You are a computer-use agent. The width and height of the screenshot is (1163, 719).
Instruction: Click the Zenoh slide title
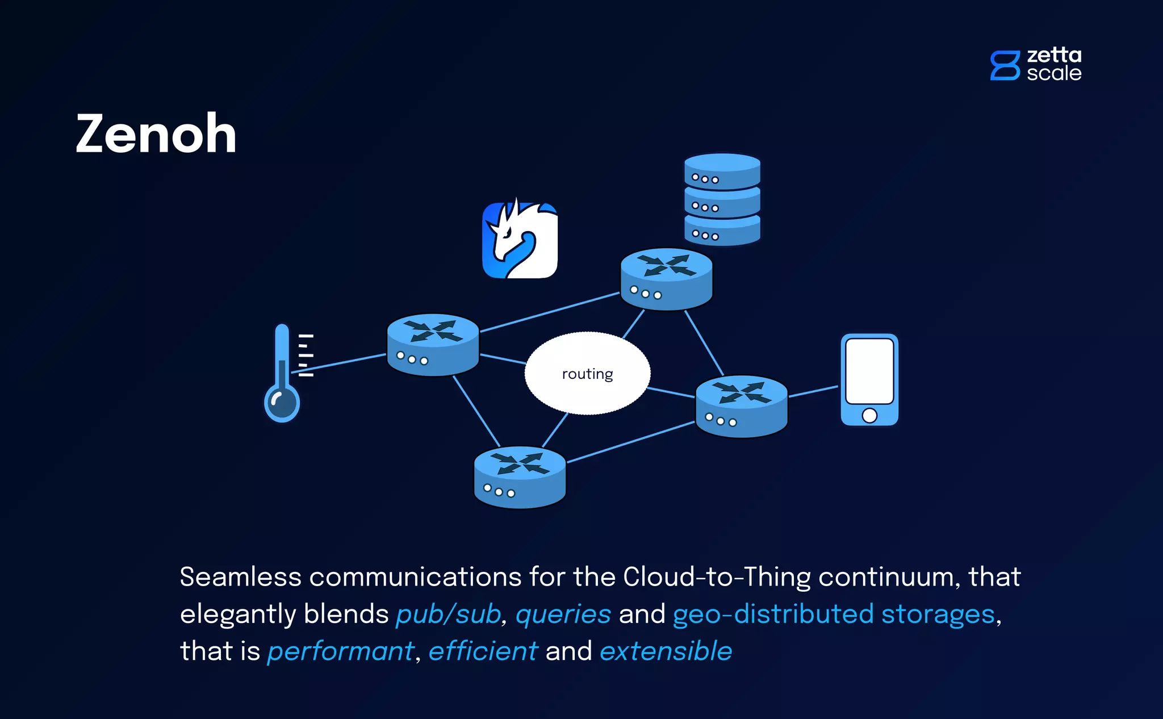point(156,134)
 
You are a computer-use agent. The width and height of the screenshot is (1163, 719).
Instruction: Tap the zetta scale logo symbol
point(1005,65)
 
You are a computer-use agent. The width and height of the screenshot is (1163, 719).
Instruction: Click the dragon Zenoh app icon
point(520,240)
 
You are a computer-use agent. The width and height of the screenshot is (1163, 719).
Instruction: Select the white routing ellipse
point(587,373)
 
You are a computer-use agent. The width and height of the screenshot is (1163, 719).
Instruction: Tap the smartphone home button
point(869,415)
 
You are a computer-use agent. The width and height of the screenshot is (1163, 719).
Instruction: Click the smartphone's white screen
point(869,371)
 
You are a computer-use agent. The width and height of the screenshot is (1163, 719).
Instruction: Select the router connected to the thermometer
point(433,344)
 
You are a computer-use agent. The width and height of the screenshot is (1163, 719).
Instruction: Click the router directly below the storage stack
point(666,279)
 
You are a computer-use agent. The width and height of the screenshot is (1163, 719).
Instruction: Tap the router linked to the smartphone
point(741,406)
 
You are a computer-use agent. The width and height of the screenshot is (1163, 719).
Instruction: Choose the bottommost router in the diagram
point(520,477)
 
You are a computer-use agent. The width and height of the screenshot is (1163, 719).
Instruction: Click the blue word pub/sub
point(448,614)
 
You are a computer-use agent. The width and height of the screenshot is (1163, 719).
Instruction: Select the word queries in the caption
point(563,614)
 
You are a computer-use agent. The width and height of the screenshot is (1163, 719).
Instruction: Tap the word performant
point(341,651)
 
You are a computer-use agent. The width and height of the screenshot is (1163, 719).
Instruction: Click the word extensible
point(666,651)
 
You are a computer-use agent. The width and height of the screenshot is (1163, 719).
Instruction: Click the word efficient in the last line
point(483,651)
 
